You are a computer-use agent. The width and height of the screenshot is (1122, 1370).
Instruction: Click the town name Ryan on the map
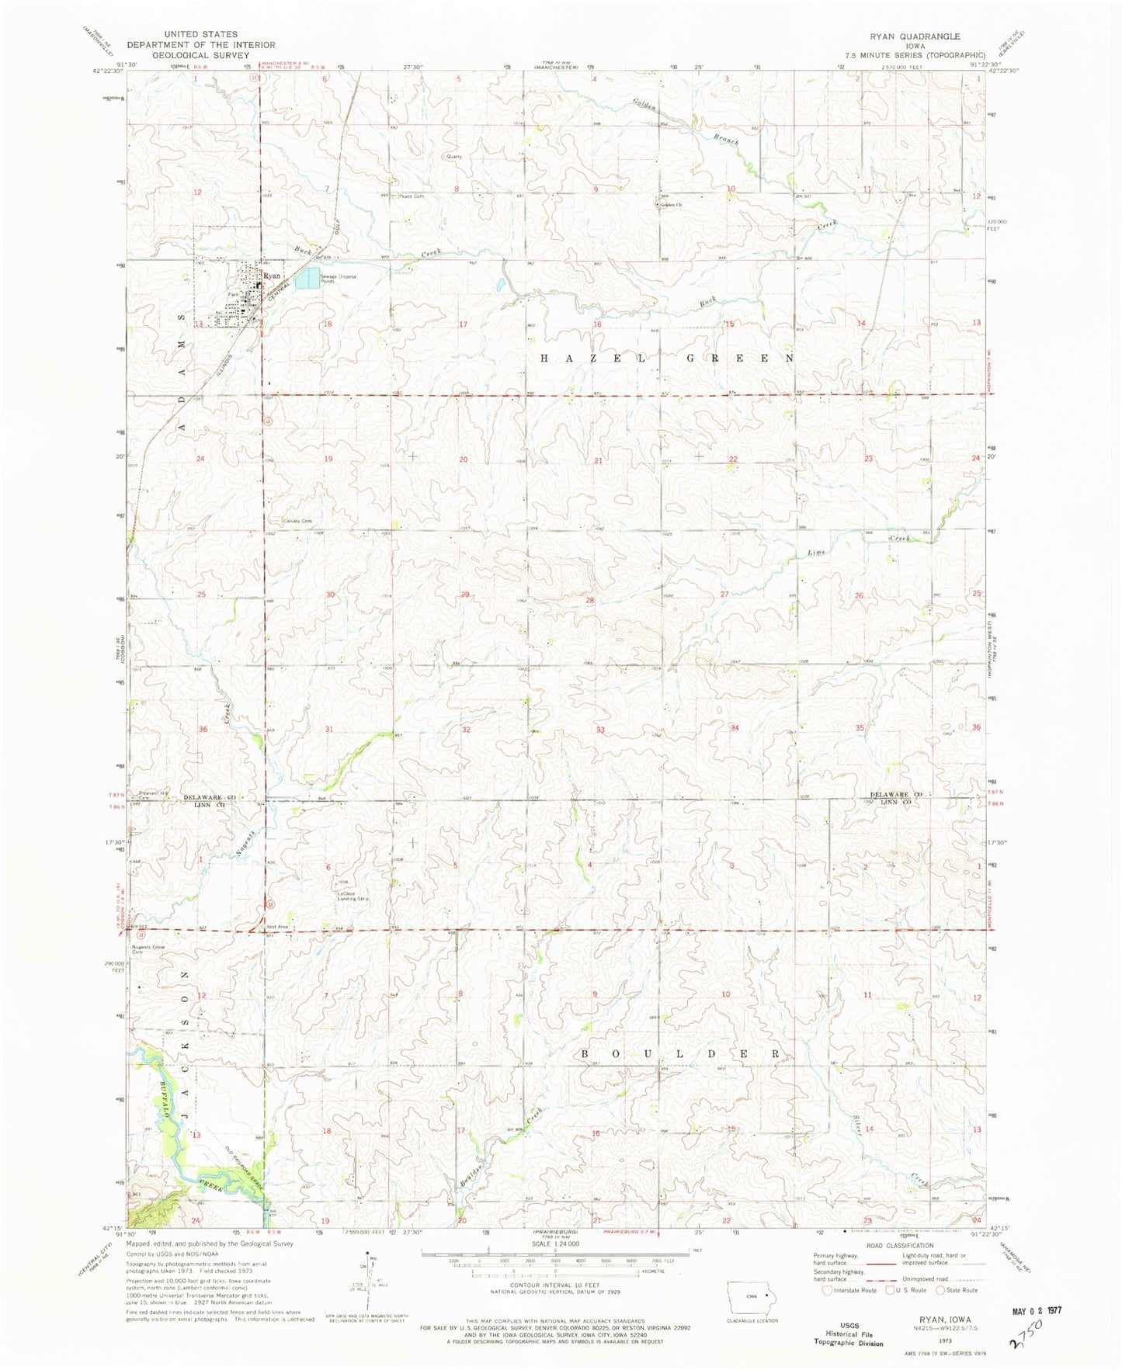[272, 276]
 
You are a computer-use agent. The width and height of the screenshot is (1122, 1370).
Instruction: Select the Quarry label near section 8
[454, 156]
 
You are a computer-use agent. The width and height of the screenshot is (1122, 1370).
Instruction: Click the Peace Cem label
[412, 196]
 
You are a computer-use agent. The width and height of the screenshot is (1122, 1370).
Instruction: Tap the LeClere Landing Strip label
[352, 896]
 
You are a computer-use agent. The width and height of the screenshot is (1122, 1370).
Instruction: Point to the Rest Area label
[277, 927]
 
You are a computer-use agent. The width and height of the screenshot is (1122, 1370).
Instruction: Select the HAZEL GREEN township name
[668, 359]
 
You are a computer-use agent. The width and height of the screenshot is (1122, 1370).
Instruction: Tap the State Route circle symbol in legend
[941, 1290]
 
